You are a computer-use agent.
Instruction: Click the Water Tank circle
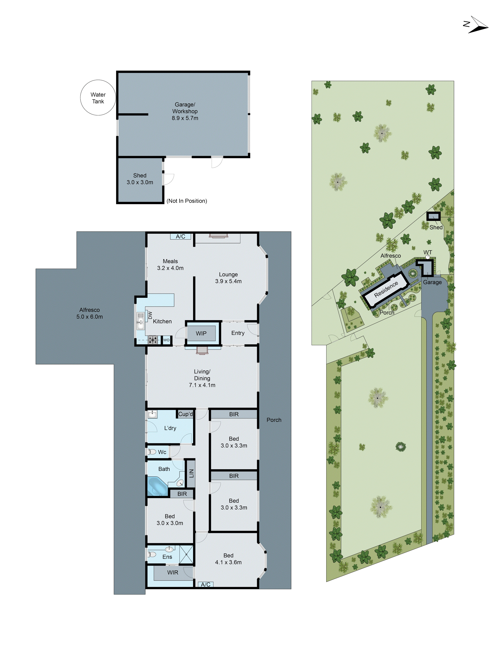point(98,98)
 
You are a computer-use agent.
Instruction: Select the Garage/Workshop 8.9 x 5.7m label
point(185,111)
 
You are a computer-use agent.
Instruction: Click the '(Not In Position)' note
point(187,201)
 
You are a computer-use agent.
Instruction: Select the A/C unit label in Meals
point(180,237)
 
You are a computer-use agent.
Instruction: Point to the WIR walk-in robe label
point(173,573)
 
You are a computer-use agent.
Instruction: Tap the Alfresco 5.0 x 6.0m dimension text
point(89,317)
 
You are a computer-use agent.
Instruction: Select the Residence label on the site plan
point(386,289)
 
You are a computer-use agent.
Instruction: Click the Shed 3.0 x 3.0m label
point(140,179)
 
